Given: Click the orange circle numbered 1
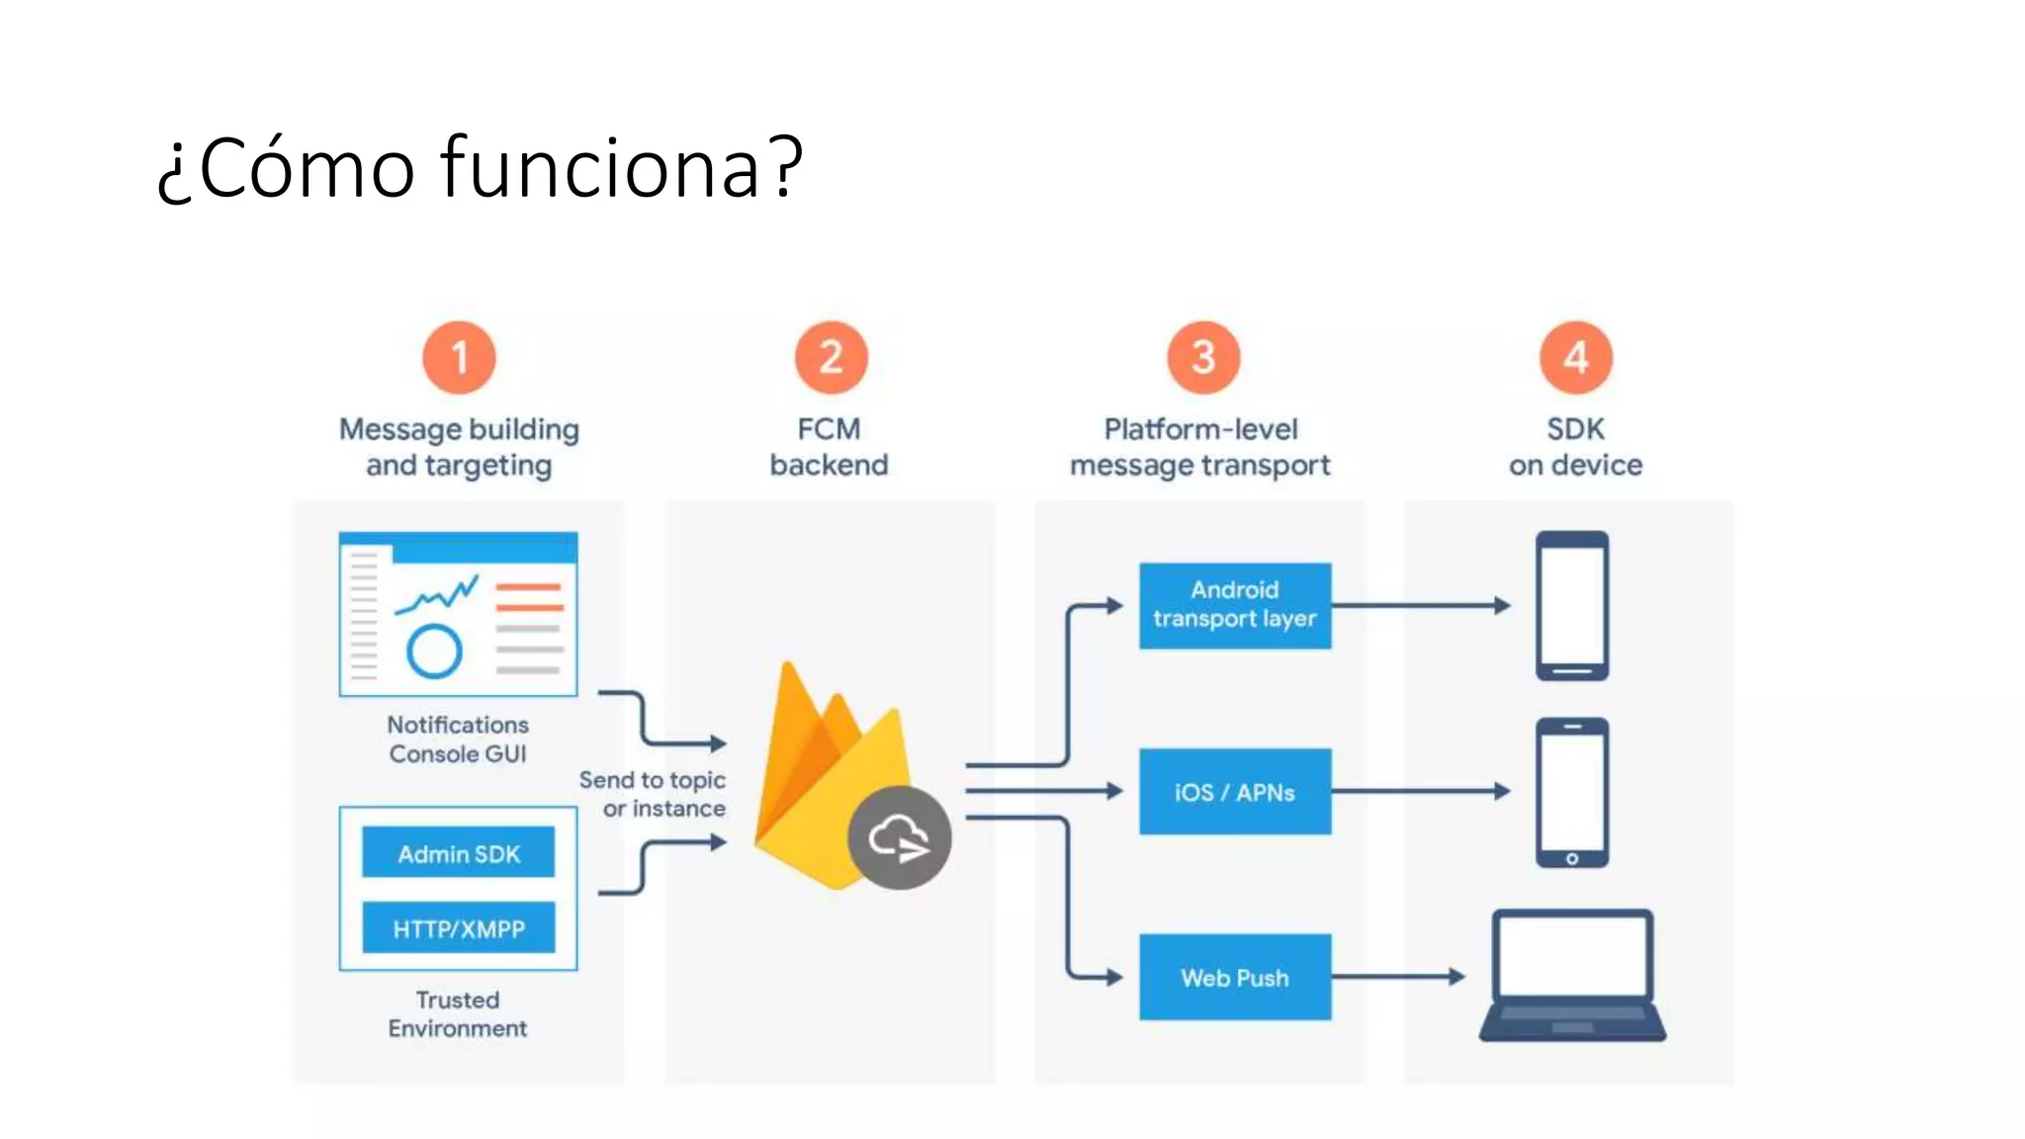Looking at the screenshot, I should click(459, 357).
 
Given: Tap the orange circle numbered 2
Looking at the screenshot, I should click(831, 357).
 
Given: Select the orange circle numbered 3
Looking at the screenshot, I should click(1202, 357).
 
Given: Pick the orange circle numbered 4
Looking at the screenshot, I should click(1575, 357).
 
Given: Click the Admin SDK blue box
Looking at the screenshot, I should click(458, 852).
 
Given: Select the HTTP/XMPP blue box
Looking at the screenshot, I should click(458, 927).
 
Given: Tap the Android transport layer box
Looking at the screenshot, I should click(1234, 605).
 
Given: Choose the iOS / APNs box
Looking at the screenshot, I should click(1234, 791).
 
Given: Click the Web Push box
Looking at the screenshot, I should click(1234, 977).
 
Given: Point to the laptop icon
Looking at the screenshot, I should click(1572, 974).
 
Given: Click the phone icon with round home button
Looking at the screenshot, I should click(1572, 793).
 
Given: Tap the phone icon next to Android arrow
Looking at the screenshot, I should click(1572, 605).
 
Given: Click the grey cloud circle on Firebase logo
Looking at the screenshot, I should click(899, 838).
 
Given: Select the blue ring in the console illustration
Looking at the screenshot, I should click(434, 652).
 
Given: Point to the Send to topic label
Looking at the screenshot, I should click(653, 780).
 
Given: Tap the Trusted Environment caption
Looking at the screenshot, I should click(457, 1013).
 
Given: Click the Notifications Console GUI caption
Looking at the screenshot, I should click(457, 739).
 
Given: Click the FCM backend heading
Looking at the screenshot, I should click(829, 446).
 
